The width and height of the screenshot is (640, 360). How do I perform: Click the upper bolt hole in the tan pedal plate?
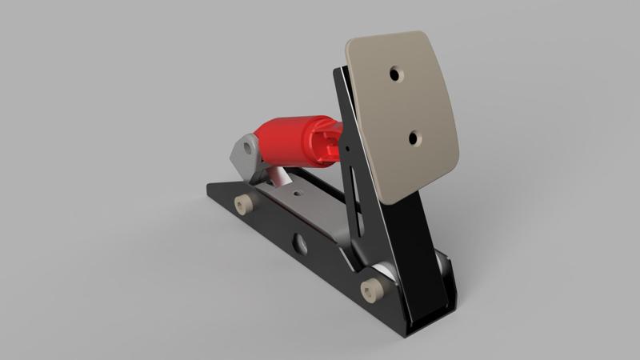pos(395,73)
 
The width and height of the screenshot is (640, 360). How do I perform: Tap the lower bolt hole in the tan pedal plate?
pos(414,138)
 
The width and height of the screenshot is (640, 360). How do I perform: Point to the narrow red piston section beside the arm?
pos(328,143)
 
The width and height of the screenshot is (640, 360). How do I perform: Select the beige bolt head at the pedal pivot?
pos(370,289)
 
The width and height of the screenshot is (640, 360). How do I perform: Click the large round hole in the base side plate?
pos(301,243)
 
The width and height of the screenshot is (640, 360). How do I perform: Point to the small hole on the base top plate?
pos(297,193)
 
